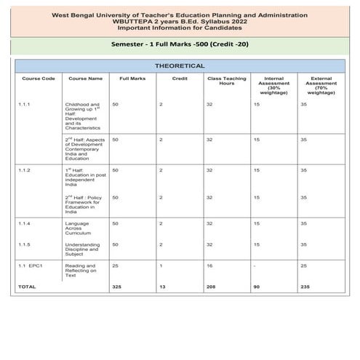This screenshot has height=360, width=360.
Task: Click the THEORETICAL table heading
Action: [180, 65]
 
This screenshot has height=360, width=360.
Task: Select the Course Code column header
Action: [39, 78]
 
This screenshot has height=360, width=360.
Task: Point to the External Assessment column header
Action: [321, 85]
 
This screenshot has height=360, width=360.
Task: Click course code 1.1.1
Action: [25, 105]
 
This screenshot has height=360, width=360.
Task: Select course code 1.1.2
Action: [25, 169]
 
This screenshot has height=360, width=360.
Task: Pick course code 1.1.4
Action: [25, 223]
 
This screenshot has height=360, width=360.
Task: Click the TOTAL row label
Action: [27, 287]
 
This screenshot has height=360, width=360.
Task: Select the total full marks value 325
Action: [116, 287]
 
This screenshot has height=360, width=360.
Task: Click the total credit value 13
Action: [161, 287]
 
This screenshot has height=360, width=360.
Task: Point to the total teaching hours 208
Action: [210, 287]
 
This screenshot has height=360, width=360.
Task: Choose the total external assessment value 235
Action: [305, 287]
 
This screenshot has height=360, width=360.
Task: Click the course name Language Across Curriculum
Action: [79, 228]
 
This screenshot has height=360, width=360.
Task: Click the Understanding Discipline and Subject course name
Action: [81, 250]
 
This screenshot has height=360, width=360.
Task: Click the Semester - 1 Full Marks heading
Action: [180, 44]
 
